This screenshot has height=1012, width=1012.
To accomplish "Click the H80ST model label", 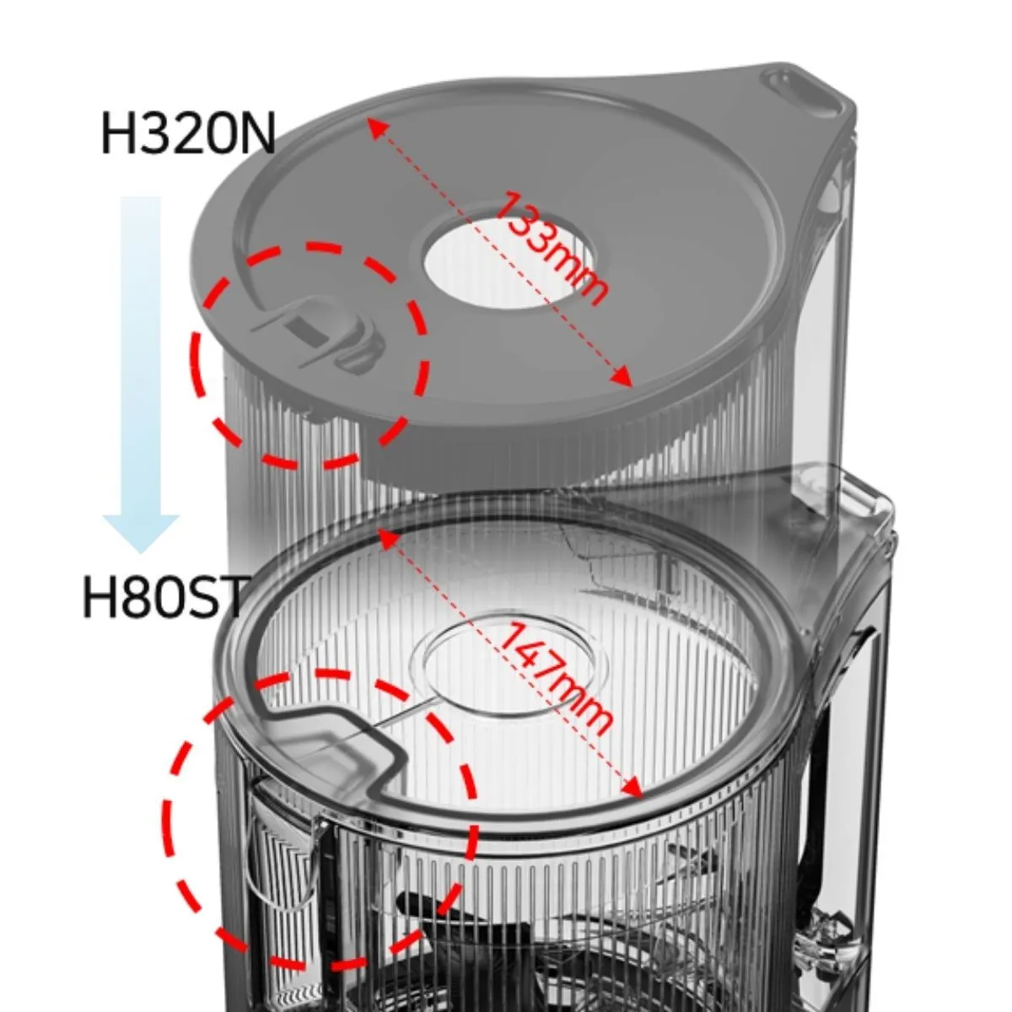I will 164,596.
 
